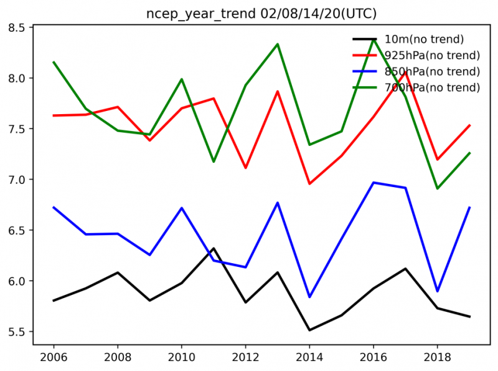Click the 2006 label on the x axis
54,357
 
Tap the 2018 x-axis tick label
438,357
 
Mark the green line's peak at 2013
278,44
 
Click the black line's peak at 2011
214,248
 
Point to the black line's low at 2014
309,330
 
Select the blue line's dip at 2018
438,291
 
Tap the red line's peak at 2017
406,72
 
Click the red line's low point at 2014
309,184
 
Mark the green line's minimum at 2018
438,188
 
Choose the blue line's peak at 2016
374,182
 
